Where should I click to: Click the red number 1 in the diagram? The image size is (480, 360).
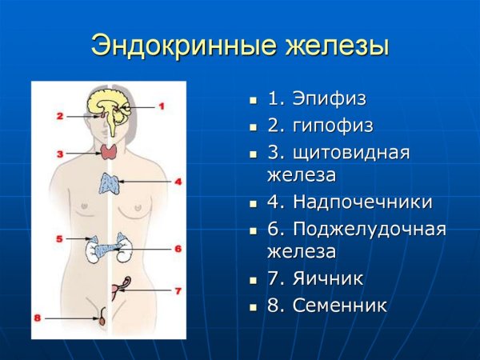tap(160, 106)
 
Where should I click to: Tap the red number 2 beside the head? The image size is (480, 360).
tap(59, 116)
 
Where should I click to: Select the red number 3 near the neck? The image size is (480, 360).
tap(59, 152)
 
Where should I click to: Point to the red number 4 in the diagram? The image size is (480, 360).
tap(178, 182)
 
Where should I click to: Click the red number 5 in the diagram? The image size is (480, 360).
tap(59, 238)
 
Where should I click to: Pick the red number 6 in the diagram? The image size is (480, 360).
tap(178, 249)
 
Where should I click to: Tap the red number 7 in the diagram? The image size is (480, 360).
tap(178, 290)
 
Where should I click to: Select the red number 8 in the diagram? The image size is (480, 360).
tap(37, 318)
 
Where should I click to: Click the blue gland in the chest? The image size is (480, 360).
tap(109, 182)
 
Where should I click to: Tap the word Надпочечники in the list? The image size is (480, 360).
tap(362, 202)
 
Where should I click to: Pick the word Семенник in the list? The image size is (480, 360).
tap(339, 305)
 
